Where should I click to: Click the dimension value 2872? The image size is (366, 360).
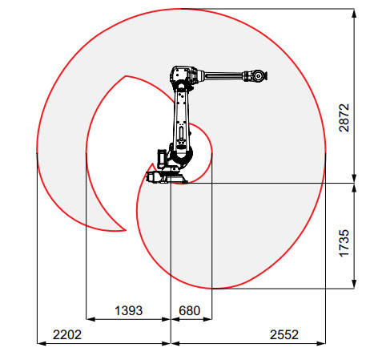[344, 118]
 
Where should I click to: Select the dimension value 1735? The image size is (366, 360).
[344, 243]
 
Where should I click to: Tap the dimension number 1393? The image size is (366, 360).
[128, 310]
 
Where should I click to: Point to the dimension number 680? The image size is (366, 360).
[190, 310]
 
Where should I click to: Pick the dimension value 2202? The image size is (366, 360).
[67, 334]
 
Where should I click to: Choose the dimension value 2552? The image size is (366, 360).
[284, 334]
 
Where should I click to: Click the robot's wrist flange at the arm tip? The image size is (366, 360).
[258, 76]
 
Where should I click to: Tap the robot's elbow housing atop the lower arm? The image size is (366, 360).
[183, 75]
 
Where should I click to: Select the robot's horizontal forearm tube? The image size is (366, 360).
[223, 76]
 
